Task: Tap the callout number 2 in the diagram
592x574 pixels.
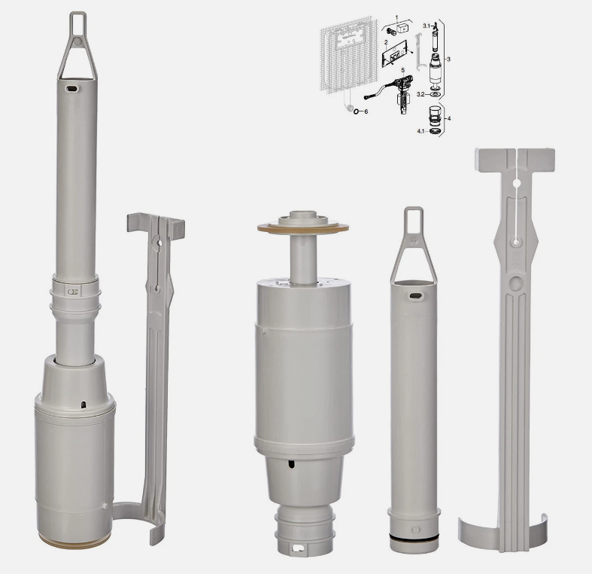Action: (385, 43)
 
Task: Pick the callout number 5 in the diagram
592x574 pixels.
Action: (402, 69)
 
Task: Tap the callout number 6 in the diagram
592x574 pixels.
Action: (366, 111)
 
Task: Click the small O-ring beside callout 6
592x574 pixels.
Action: (354, 111)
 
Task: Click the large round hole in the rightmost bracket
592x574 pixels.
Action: (516, 284)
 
